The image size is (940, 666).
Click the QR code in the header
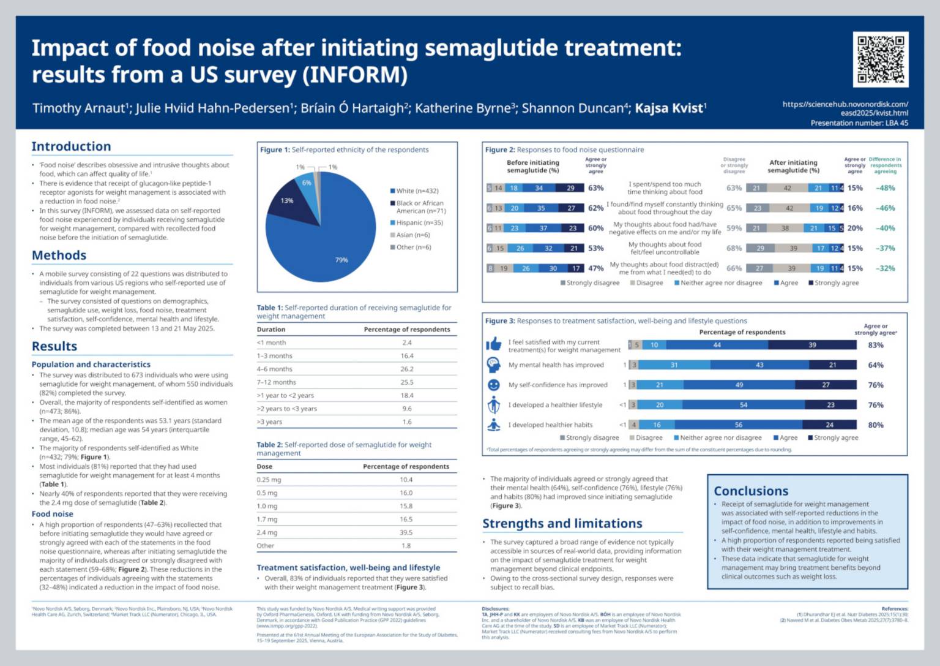click(880, 59)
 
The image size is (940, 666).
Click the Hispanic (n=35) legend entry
click(419, 222)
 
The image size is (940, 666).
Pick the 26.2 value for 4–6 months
click(407, 369)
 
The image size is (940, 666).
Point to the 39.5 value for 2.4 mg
click(406, 532)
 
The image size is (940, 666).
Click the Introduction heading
click(71, 146)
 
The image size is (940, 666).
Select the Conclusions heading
click(751, 491)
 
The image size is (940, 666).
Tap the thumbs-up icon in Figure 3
click(493, 344)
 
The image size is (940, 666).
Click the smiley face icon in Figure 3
click(493, 385)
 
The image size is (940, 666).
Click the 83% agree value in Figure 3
click(876, 345)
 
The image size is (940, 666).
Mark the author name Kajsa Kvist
click(670, 108)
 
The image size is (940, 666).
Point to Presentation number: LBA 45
click(859, 123)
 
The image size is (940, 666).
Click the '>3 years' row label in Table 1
click(270, 422)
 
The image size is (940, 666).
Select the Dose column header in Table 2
click(264, 466)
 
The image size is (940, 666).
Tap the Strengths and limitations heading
click(562, 523)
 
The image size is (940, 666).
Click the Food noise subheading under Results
click(52, 514)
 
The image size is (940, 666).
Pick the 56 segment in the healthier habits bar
click(739, 425)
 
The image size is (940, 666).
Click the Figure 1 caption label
click(275, 149)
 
